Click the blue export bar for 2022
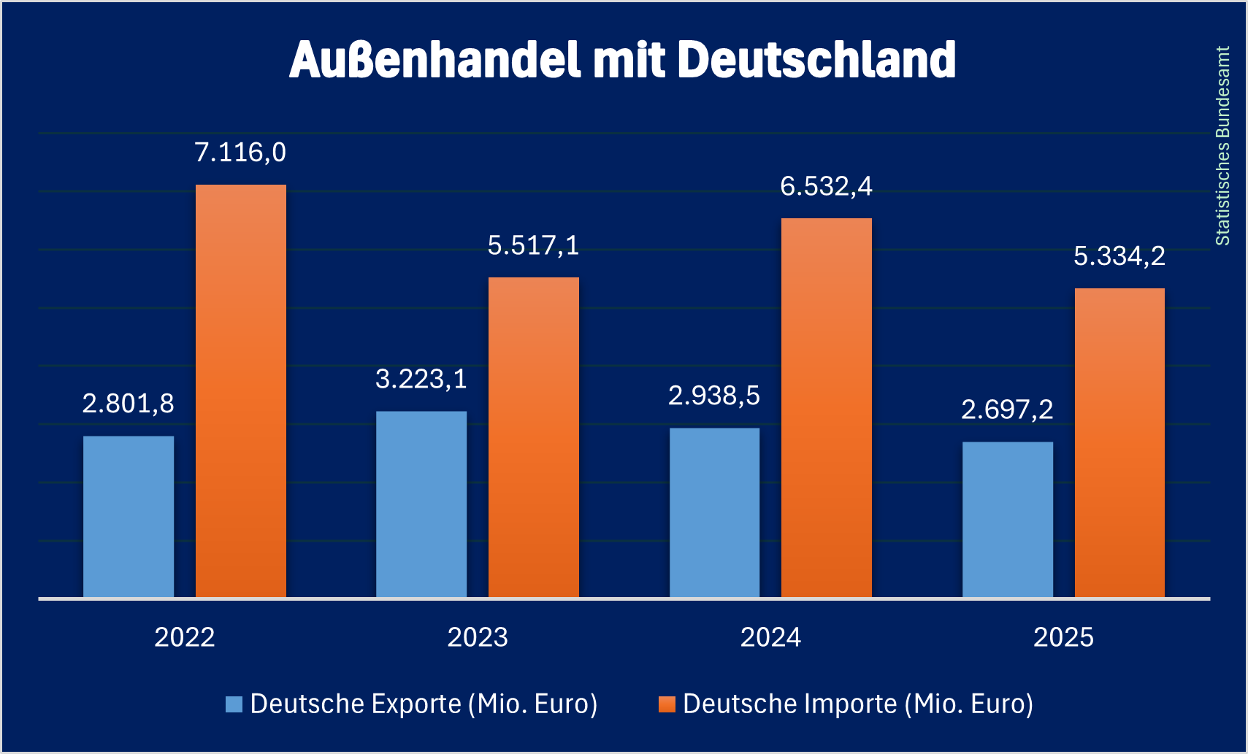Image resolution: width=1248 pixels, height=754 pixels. click(x=129, y=517)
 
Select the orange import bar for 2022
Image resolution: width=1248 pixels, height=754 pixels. click(x=241, y=391)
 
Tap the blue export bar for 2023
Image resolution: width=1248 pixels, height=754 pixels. click(x=421, y=504)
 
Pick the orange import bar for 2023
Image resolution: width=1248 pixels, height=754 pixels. click(x=534, y=437)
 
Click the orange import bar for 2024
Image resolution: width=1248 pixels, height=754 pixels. click(x=827, y=408)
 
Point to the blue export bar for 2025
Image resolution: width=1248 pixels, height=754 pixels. click(x=1008, y=520)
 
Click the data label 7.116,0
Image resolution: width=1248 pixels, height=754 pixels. click(x=240, y=153)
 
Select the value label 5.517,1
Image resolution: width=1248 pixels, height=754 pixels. click(x=534, y=246)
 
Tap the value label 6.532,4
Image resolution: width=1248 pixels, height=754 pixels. click(x=827, y=187)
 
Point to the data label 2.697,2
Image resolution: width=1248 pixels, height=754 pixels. click(x=1008, y=409)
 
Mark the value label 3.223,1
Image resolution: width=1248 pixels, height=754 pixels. click(x=421, y=380)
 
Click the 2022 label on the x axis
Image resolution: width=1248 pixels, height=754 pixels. click(x=185, y=637)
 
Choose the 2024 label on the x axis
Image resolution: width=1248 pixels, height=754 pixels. click(x=771, y=637)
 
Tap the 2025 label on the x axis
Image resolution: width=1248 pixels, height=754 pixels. click(x=1064, y=637)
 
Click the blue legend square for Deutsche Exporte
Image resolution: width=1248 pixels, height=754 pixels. click(x=234, y=704)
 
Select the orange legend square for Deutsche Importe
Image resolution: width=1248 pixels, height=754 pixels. click(x=667, y=704)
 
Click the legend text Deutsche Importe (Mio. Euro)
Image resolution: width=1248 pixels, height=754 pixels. click(x=858, y=704)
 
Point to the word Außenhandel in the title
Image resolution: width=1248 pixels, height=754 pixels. click(x=435, y=60)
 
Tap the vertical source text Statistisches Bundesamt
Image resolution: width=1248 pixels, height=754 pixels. click(x=1223, y=146)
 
